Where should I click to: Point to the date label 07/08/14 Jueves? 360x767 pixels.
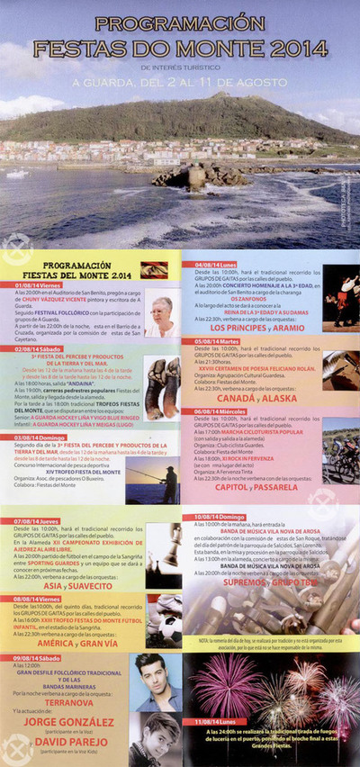[37, 520]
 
